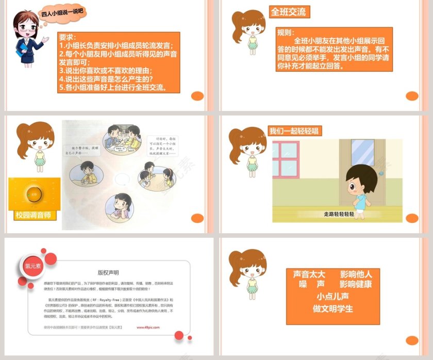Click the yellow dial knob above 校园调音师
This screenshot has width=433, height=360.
[x=34, y=195]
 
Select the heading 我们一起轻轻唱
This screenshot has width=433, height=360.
[x=295, y=130]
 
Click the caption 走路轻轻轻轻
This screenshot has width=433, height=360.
[x=339, y=214]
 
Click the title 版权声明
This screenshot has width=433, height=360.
[x=108, y=272]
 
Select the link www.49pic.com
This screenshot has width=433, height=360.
[x=148, y=327]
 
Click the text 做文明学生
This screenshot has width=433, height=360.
[x=332, y=308]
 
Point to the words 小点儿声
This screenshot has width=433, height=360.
[x=332, y=297]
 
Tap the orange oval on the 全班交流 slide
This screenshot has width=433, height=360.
[x=412, y=96]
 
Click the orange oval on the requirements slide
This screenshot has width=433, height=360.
[x=197, y=96]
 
